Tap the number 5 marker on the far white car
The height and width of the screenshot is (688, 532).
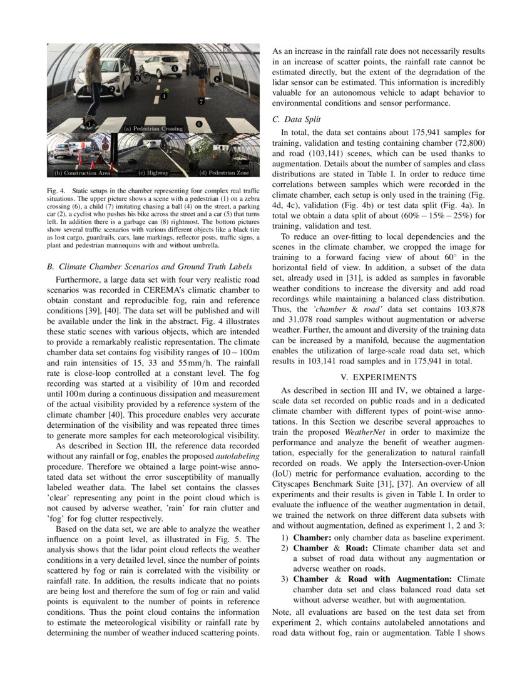click(x=175, y=68)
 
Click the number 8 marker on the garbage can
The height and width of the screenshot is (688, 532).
click(x=217, y=79)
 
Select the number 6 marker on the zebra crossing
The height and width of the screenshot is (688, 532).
click(x=198, y=124)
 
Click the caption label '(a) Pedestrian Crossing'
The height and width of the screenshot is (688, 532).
click(x=153, y=129)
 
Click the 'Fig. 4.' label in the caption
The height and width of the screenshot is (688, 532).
click(x=56, y=190)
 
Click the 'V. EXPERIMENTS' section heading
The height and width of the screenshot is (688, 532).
click(x=378, y=377)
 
